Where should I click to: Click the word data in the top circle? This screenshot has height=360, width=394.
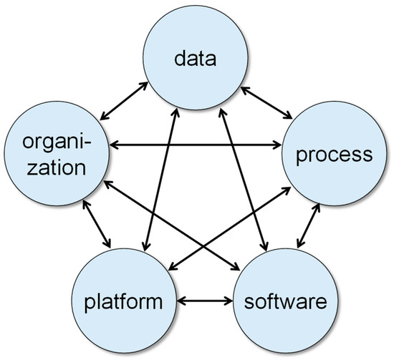point(196,58)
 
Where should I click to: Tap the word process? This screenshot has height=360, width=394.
point(335,155)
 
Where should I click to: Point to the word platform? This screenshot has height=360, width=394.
point(123,302)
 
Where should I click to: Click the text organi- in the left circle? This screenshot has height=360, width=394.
point(57,142)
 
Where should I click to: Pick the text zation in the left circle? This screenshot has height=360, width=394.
point(57,167)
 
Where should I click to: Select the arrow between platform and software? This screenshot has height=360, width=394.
point(205,301)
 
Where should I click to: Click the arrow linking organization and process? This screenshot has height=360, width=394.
point(196,145)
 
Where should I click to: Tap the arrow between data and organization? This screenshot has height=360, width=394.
point(124,100)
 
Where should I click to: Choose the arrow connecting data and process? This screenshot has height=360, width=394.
point(266,102)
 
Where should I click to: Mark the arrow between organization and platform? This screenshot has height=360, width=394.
point(97,224)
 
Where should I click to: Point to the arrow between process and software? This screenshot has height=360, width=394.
point(308,225)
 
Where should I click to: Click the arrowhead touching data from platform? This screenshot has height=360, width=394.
point(176,112)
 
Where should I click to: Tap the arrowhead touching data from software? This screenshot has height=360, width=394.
point(221,112)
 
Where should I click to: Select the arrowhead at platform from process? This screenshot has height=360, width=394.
point(173,267)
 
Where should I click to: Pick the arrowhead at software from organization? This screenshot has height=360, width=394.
point(236,267)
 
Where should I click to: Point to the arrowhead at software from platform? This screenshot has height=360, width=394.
point(229,301)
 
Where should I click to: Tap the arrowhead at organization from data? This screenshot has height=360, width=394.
point(104,117)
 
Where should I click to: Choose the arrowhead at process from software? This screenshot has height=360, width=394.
point(317,207)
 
